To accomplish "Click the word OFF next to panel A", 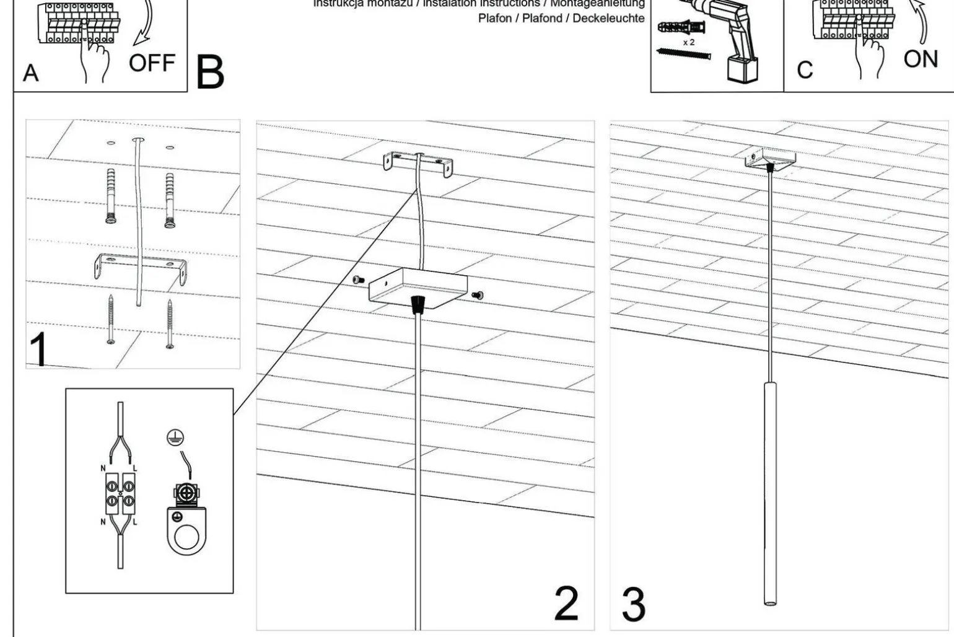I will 152,63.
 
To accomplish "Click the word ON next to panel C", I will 921,59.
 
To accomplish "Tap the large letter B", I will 210,72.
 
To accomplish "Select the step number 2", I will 566,603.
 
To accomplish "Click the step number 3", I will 633,604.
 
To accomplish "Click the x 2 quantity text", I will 689,43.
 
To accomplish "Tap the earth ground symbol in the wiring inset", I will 175,437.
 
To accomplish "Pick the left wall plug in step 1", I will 112,195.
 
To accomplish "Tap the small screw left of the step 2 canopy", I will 357,280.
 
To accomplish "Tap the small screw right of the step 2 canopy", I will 477,296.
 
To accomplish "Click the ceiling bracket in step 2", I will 417,163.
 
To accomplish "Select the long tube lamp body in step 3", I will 770,493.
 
